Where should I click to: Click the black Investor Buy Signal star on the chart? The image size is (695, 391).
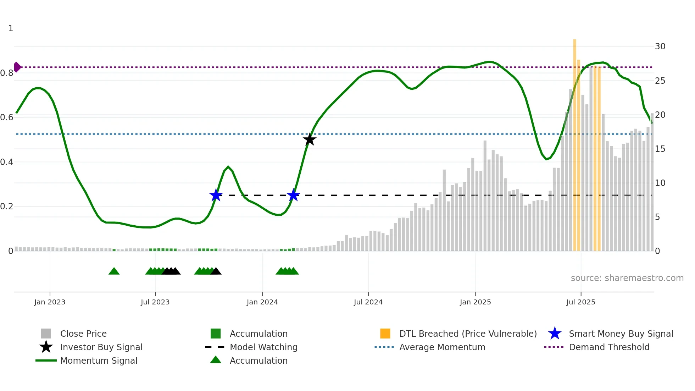coord(310,139)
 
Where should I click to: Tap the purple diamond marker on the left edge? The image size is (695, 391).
coord(17,67)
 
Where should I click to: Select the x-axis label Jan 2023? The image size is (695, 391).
coord(50,302)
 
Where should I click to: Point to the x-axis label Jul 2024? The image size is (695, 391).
coord(368,302)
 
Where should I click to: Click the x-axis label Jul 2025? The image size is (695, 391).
coord(580,302)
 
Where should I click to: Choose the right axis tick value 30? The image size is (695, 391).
coord(660,46)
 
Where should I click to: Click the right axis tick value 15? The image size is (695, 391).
coord(660,149)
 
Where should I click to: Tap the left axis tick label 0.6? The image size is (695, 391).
coord(7,117)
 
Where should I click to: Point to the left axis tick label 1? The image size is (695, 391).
coord(11,28)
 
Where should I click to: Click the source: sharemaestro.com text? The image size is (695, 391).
coord(627,278)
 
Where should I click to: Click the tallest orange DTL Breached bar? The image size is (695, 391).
coord(574,142)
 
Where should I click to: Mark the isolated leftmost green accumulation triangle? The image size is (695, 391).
coord(114,271)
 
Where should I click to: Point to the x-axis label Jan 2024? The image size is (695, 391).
coord(262,302)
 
